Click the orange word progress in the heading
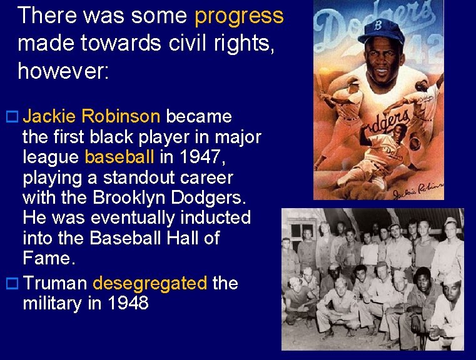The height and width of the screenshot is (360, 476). tap(239, 16)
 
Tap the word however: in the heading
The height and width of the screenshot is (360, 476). tap(63, 71)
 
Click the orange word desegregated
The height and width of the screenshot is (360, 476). tap(149, 283)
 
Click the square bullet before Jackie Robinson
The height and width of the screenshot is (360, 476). tap(11, 117)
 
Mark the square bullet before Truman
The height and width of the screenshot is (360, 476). tap(11, 284)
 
